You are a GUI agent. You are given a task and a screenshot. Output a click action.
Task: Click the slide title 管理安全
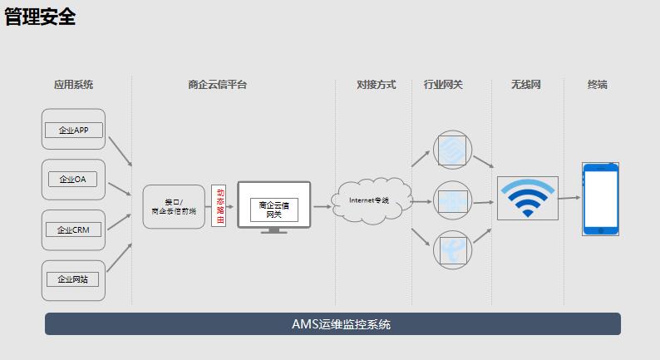pos(40,17)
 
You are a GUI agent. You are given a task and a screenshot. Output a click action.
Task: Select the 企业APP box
pos(73,130)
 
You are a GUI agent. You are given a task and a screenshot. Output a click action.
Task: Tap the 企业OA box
pos(73,180)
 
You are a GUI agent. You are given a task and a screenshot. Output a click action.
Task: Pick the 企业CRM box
pos(73,230)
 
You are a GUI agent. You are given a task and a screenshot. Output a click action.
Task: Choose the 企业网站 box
pos(73,280)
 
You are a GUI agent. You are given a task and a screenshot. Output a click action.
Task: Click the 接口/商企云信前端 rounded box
pos(173,207)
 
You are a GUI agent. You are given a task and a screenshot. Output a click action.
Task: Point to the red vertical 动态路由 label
pos(219,206)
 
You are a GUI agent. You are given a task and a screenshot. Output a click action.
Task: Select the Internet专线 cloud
pos(368,200)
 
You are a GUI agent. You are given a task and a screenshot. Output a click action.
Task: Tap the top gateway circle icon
pos(452,150)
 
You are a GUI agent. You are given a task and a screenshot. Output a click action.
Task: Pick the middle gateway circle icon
pos(452,200)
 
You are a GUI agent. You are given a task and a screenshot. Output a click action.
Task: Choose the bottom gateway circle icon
pos(452,249)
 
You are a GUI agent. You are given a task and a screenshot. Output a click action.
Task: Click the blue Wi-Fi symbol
pos(527,198)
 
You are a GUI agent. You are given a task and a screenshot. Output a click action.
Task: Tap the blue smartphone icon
pos(600,199)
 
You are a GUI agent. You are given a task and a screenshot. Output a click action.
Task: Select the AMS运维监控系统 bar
pos(332,324)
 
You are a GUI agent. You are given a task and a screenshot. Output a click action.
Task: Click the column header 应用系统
pos(73,85)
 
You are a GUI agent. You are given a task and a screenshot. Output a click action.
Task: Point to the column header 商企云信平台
pos(218,85)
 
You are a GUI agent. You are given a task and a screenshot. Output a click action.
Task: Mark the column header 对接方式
pos(376,85)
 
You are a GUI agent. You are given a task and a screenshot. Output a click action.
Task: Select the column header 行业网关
pos(443,85)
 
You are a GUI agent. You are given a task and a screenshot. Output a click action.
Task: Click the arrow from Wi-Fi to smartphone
pos(569,198)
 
